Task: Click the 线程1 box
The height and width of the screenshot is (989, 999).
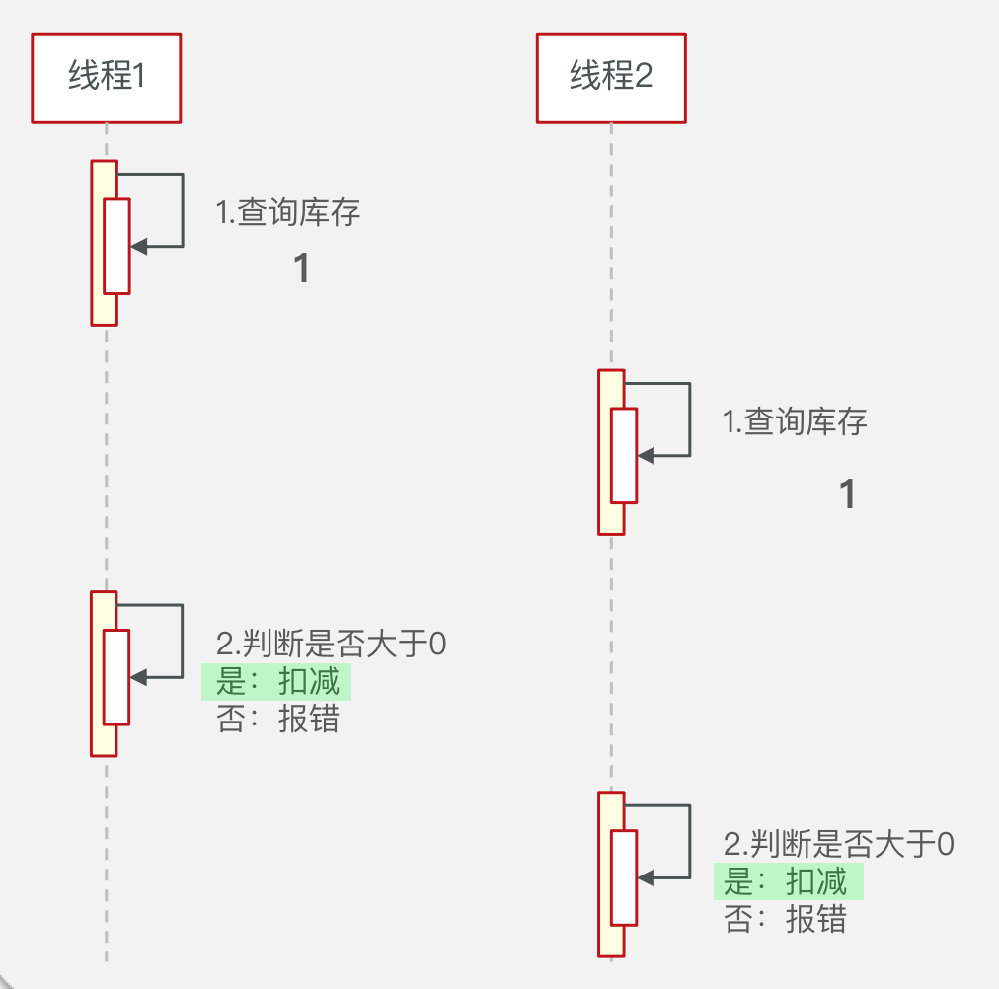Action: click(106, 77)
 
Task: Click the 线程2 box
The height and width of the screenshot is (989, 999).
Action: click(611, 77)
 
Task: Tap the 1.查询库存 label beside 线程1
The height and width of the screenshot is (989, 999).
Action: click(288, 212)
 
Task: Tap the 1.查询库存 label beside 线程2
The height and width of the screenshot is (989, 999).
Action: click(795, 422)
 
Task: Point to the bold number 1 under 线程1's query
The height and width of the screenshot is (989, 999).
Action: click(303, 268)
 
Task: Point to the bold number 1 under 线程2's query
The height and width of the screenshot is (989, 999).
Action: click(846, 494)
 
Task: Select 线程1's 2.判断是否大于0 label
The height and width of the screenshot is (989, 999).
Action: click(331, 645)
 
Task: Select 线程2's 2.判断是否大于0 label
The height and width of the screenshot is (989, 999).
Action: click(838, 844)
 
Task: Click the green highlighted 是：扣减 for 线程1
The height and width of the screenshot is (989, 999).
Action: click(277, 682)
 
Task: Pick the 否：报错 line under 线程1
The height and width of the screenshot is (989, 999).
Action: click(277, 720)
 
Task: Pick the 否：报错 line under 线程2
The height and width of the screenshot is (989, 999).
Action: click(786, 920)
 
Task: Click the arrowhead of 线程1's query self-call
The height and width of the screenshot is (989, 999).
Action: click(138, 246)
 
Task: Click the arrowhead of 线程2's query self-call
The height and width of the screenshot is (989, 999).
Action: click(646, 456)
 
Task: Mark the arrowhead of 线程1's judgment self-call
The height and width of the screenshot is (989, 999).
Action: click(138, 677)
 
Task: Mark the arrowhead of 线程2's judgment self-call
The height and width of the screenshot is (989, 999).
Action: click(646, 877)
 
